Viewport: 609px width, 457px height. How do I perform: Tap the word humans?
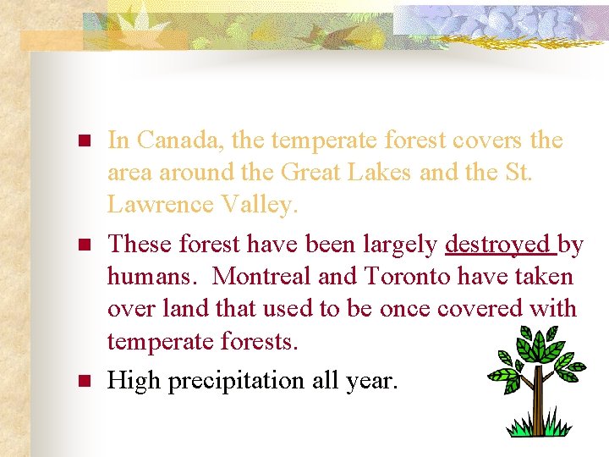click(155, 277)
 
